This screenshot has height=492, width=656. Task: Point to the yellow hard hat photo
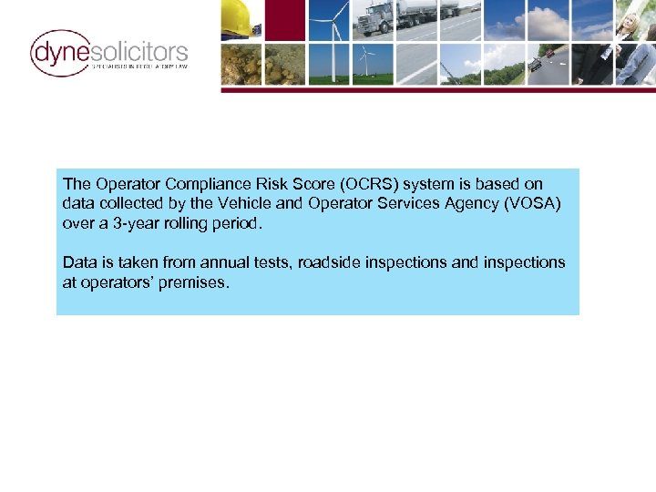pos(241,18)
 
